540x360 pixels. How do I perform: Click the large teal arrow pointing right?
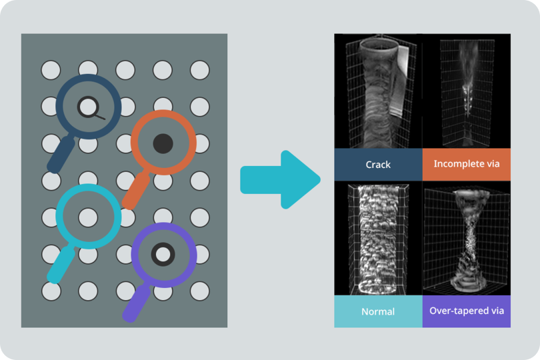(x=280, y=179)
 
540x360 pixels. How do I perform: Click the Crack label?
(x=378, y=164)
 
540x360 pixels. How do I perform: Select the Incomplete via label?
(x=466, y=164)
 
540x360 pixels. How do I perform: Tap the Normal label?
(x=378, y=311)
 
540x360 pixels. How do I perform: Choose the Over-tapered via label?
(x=466, y=311)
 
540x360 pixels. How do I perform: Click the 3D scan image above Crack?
(x=378, y=91)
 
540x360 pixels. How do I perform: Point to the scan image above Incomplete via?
(x=466, y=91)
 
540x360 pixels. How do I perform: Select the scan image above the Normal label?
(x=378, y=239)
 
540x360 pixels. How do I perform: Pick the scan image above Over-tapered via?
(x=466, y=239)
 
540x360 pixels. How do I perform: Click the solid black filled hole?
(x=163, y=143)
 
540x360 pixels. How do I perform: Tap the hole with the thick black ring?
(x=162, y=254)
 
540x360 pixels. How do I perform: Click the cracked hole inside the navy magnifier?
(x=88, y=106)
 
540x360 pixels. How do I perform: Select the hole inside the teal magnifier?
(x=88, y=217)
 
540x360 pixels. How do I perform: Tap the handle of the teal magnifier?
(x=59, y=266)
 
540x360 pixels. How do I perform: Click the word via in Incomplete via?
(x=491, y=164)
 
